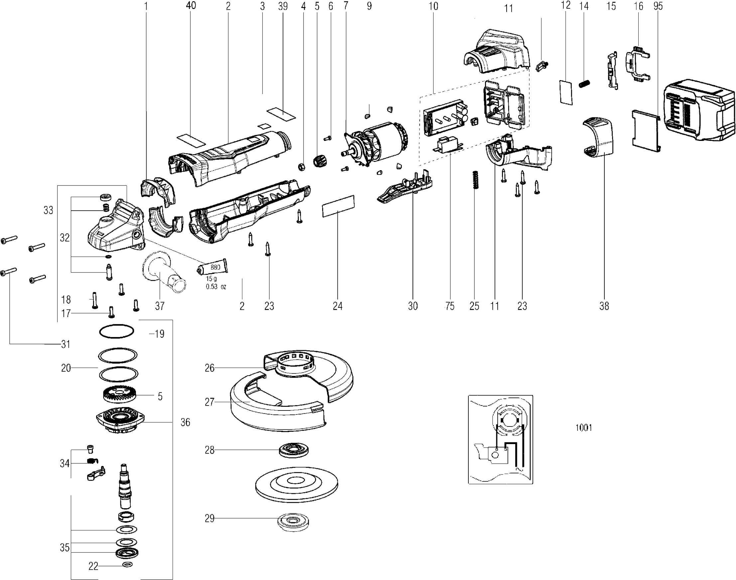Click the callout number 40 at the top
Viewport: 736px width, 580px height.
coord(191,5)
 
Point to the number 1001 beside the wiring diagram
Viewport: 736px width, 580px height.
coord(584,427)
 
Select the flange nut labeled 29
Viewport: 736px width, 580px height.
coord(293,521)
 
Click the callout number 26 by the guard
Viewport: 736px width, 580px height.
coord(209,368)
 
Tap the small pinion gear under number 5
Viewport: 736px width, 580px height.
coord(319,161)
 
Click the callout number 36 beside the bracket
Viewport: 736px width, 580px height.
coord(185,422)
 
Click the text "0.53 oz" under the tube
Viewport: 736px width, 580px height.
coord(216,287)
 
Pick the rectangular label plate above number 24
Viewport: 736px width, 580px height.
coord(338,206)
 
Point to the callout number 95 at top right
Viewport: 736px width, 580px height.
coord(658,6)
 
